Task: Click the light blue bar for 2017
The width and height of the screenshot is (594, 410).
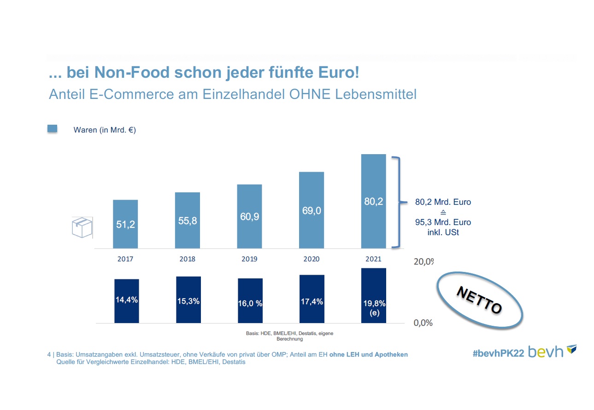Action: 125,224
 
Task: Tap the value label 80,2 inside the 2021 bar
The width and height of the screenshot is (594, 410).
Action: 373,201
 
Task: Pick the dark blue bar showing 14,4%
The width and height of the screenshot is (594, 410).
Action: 127,301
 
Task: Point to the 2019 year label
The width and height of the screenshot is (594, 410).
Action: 249,259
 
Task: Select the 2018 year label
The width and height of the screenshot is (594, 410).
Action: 187,259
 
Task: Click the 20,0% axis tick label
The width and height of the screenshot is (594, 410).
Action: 423,262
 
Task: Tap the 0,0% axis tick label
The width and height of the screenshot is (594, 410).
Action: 423,323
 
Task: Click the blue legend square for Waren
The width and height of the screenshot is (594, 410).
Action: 53,129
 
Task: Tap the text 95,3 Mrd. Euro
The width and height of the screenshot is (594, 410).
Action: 443,223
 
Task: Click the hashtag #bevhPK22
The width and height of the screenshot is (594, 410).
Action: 498,353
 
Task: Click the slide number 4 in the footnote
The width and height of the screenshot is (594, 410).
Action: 49,355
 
